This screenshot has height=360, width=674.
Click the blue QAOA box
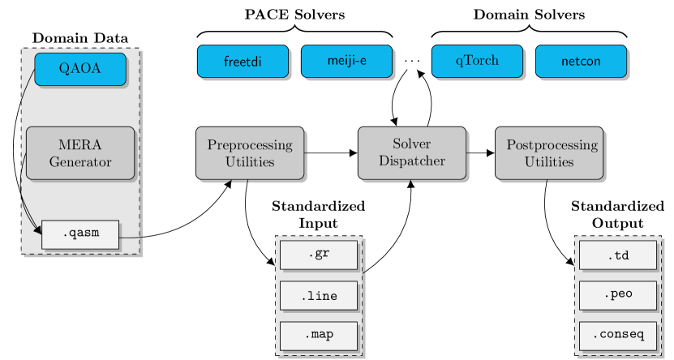pos(79,69)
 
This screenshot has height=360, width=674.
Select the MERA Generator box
pos(79,152)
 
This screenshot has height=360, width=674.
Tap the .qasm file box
pos(79,234)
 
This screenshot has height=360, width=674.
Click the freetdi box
pos(243,62)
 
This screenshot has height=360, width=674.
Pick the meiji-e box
pos(346,62)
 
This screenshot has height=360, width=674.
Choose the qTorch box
pos(476,62)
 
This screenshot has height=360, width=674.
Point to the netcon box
pos(581,62)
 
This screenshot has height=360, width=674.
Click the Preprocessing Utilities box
pos(249,152)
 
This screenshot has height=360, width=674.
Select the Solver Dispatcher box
pos(412,152)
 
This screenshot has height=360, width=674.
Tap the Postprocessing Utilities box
pos(549,152)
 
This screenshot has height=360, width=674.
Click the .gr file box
pos(319,255)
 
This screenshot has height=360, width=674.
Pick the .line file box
pos(319,296)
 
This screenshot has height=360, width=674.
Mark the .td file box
pos(618,255)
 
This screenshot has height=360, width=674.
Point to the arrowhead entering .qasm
pos(37,233)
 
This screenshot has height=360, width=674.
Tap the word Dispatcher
pos(412,161)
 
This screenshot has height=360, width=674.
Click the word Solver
pos(412,144)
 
